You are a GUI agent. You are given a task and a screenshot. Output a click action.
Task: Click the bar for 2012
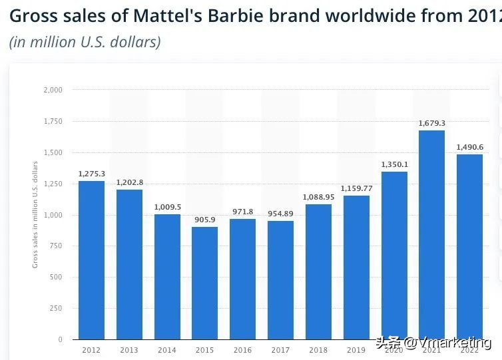91,260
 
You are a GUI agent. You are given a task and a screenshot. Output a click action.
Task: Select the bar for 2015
205,283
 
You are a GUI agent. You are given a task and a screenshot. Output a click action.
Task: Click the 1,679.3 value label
431,123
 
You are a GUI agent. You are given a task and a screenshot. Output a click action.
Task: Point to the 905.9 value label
205,220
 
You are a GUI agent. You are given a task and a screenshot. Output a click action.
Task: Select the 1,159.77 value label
356,188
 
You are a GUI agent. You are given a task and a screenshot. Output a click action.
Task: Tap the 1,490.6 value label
469,147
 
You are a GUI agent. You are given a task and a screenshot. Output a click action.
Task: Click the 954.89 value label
280,213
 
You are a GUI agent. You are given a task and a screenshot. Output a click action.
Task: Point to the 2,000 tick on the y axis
53,90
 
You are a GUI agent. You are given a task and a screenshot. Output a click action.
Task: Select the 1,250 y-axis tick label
53,184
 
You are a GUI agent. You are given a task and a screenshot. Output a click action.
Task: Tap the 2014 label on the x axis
167,349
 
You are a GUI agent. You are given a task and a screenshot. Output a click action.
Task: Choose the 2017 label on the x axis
280,349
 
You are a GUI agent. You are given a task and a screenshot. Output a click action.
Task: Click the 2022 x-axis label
469,349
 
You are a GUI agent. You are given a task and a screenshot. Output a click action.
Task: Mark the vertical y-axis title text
35,214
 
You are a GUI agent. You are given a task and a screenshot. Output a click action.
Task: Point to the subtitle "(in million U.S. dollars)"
85,41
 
